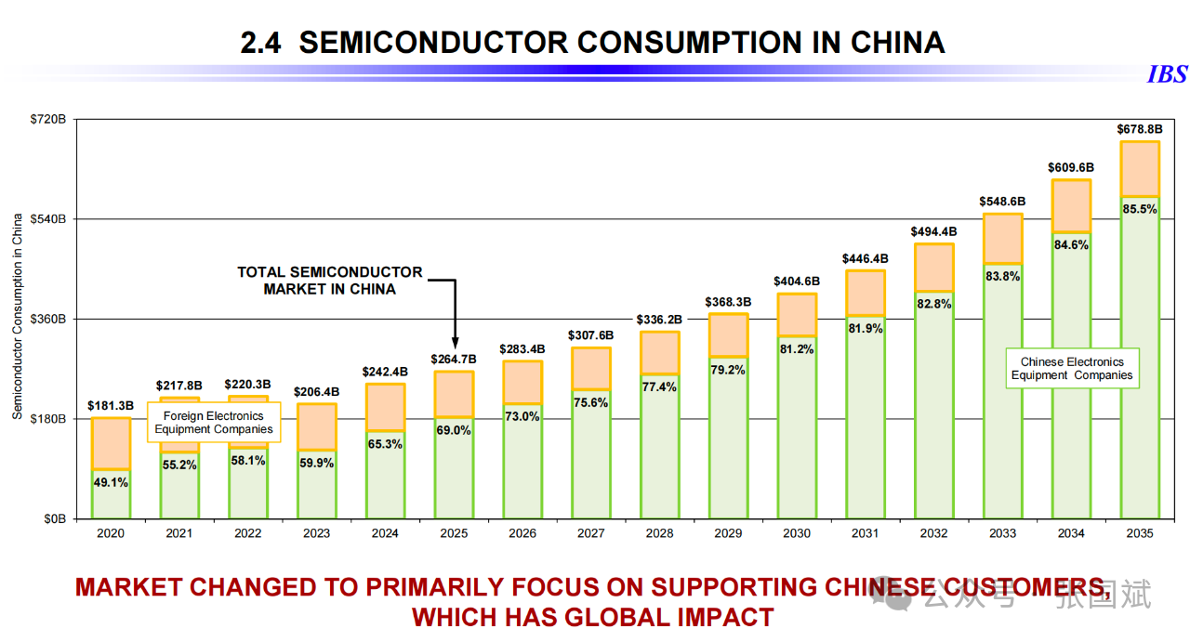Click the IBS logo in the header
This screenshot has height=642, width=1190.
click(x=1167, y=74)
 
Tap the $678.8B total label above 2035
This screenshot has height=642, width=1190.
click(x=1139, y=129)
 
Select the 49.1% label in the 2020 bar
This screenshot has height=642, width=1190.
click(x=111, y=482)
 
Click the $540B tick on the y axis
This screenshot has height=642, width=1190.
click(x=50, y=219)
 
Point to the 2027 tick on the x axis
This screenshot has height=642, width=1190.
click(x=591, y=533)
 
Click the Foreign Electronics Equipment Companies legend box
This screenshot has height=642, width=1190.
click(x=214, y=423)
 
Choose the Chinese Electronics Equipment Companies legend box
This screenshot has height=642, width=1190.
click(x=1072, y=369)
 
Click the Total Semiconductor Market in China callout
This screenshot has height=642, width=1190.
click(x=330, y=281)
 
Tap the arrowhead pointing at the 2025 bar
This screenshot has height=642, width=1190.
click(x=455, y=342)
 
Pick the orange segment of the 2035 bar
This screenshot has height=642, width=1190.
click(x=1139, y=169)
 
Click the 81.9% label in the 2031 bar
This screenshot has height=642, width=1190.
click(x=866, y=328)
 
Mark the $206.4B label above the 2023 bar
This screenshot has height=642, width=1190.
click(x=317, y=392)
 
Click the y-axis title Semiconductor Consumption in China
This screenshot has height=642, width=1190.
click(x=18, y=317)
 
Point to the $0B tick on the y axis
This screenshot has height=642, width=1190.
click(x=54, y=518)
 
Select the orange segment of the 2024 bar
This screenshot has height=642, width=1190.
click(x=386, y=407)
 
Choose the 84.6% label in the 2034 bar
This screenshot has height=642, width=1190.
click(x=1071, y=245)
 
